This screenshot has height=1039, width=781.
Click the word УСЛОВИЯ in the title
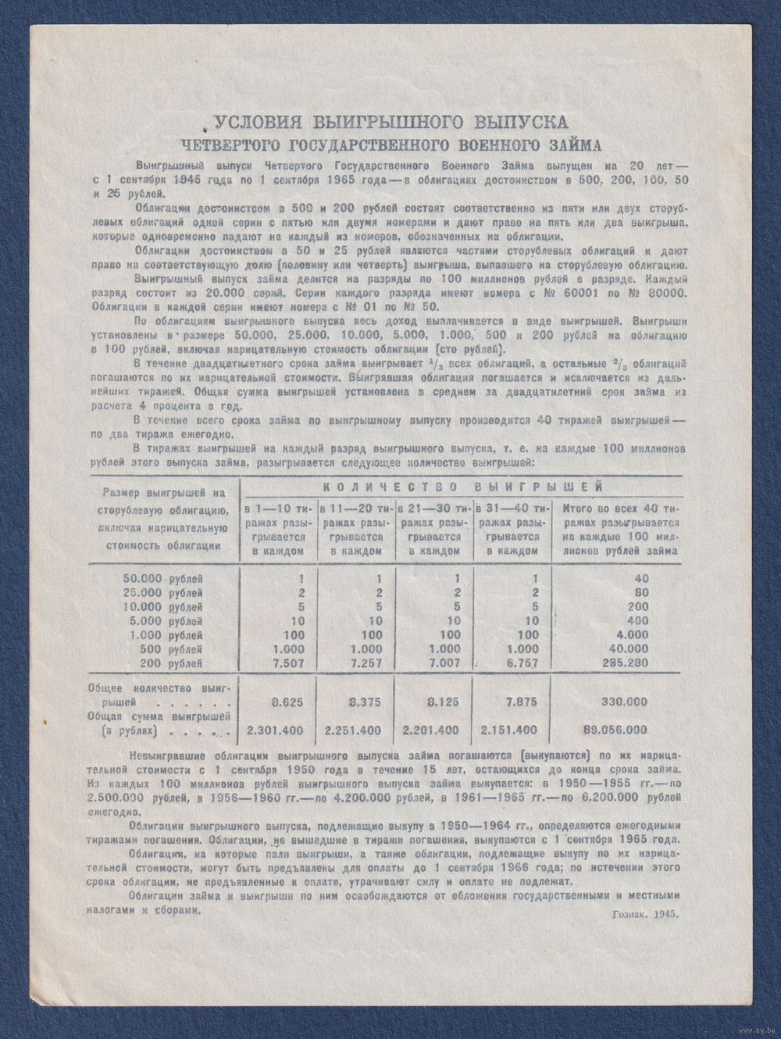tap(258, 122)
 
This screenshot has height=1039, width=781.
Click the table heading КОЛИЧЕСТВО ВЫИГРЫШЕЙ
tap(462, 486)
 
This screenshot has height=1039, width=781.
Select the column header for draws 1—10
tap(278, 529)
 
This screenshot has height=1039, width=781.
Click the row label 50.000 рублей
tap(162, 579)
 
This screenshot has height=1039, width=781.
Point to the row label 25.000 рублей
tap(162, 593)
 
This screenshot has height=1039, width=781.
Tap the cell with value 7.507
tap(278, 663)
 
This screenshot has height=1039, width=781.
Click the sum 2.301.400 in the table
tap(278, 730)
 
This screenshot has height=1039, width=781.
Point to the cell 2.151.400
tap(514, 730)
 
